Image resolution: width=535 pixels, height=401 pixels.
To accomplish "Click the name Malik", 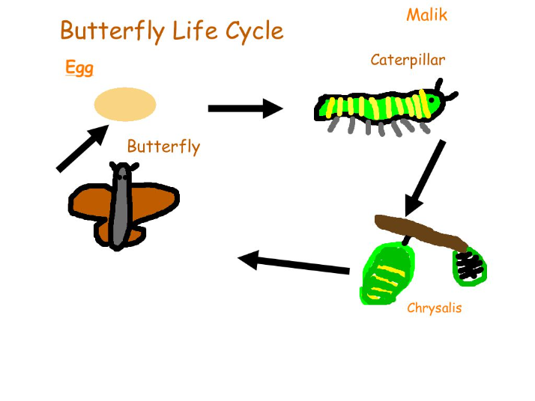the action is pos(427,15).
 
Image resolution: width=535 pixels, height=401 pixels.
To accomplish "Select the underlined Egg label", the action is pos(79,67).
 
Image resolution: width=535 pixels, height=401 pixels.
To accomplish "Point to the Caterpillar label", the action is pos(408,61).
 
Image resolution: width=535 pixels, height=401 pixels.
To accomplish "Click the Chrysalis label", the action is pos(435,307).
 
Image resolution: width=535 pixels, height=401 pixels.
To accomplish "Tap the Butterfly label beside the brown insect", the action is pos(163,147).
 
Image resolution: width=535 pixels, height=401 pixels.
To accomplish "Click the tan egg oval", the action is pos(125,104).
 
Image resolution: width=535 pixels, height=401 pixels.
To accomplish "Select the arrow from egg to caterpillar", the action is pos(246,108).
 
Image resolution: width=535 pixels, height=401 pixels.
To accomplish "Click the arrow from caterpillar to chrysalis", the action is pos(425,178).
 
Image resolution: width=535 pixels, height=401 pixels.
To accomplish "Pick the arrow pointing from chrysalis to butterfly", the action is pos(294,263).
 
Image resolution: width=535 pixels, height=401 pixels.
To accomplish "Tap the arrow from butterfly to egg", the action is pos(82,149).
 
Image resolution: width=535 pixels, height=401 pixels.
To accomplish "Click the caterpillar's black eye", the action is pos(432,100).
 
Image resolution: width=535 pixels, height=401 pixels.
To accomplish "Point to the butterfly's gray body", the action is pos(121,206).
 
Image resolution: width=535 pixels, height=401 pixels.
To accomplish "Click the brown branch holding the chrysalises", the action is pos(421,233).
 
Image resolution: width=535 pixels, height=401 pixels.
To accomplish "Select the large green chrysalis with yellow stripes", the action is pos(387,274).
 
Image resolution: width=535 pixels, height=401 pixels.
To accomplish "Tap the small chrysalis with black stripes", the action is pos(470,266).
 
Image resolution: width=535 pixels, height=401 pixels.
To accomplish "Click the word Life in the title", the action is pos(195,31).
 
